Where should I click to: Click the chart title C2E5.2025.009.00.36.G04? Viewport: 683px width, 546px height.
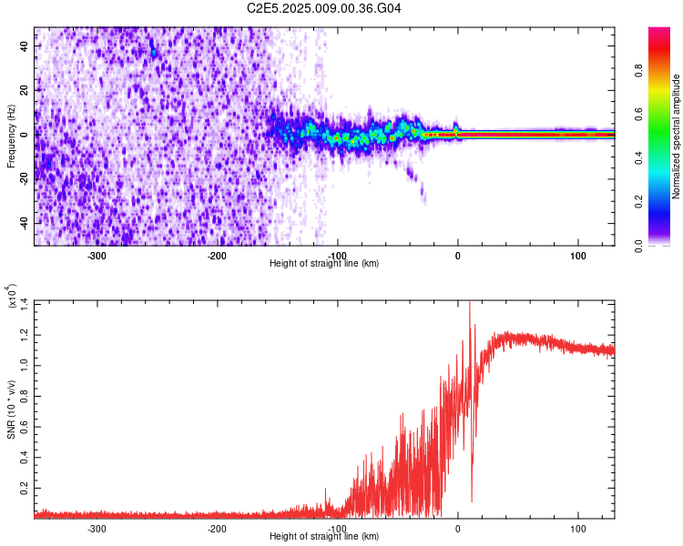point(325,8)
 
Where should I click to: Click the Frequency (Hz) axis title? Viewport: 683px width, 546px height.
point(11,135)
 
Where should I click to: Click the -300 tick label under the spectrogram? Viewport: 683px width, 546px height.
point(97,256)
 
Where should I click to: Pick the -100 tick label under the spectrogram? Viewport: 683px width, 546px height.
point(337,256)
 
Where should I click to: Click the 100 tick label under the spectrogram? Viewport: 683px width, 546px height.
point(577,256)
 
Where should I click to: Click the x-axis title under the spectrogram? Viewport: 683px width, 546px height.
point(324,264)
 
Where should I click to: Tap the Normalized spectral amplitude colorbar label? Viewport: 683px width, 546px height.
point(677,136)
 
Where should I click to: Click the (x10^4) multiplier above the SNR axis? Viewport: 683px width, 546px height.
point(14,297)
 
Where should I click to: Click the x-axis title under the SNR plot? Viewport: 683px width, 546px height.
point(324,537)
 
